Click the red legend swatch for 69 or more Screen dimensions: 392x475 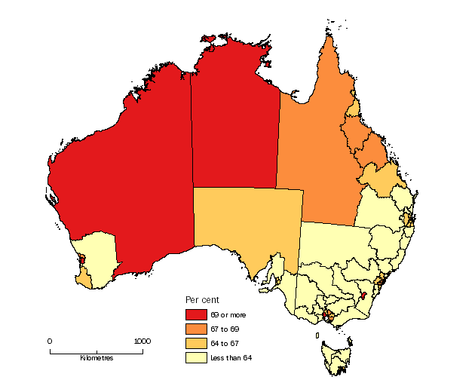click(x=195, y=314)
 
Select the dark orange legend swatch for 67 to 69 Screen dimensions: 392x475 click(x=195, y=329)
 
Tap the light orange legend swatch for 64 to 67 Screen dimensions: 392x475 click(x=195, y=343)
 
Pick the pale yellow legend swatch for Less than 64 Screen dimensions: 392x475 click(x=195, y=357)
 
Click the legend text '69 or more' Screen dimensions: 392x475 click(x=228, y=314)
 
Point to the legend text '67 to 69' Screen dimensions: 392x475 click(x=225, y=329)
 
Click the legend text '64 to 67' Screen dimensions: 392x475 click(x=225, y=343)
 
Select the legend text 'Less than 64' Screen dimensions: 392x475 click(x=231, y=357)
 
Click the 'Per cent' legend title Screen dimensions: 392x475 click(x=202, y=300)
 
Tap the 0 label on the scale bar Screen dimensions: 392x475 click(x=50, y=341)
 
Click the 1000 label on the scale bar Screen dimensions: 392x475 click(x=142, y=341)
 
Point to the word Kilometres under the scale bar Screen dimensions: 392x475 click(x=97, y=358)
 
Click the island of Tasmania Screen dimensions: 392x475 click(x=334, y=357)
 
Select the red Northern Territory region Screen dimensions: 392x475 click(x=234, y=128)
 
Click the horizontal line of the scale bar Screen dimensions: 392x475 click(x=96, y=351)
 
